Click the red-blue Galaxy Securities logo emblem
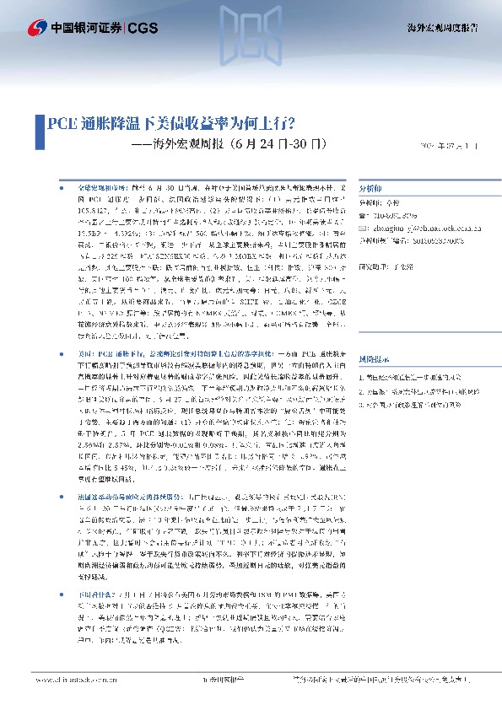pos(35,28)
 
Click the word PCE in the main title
pos(63,123)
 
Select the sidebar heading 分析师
pos(370,189)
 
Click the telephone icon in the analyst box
pos(364,215)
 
